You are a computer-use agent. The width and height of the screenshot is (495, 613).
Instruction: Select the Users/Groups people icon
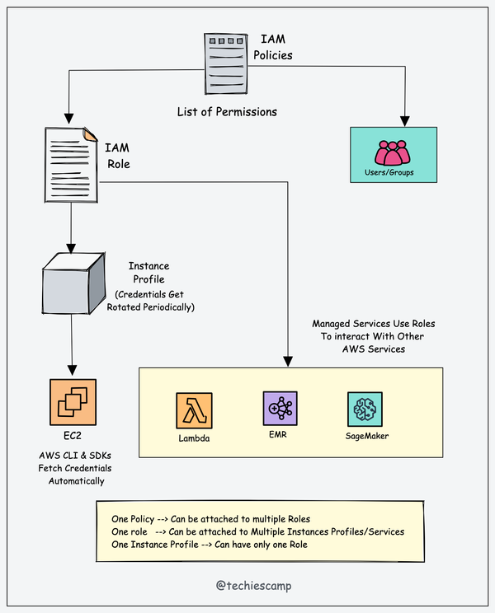coord(391,152)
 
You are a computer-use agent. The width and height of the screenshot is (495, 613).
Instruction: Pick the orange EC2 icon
coord(73,402)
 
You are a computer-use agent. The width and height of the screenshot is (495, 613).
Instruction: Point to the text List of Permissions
coord(227,111)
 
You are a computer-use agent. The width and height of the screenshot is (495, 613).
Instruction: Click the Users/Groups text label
coord(389,173)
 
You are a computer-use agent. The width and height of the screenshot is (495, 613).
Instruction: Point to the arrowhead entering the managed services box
coord(287,360)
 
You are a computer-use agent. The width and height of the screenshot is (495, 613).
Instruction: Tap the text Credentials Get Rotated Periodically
coord(153,300)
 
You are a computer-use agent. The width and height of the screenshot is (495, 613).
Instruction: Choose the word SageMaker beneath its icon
coord(367,436)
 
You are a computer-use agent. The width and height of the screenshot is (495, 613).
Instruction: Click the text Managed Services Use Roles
coord(373,324)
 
